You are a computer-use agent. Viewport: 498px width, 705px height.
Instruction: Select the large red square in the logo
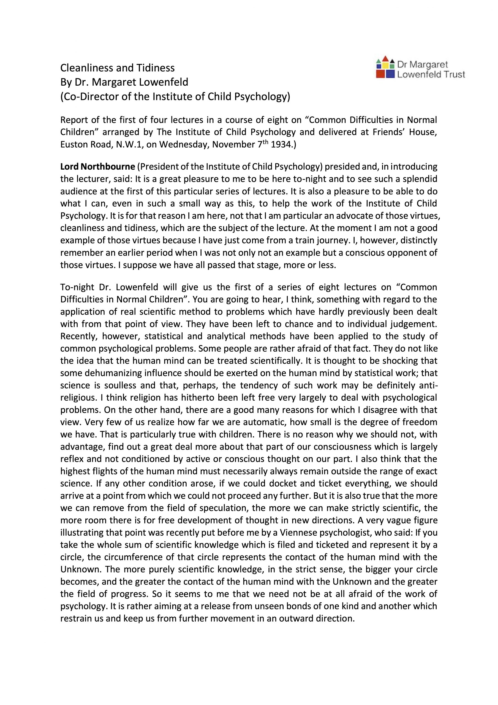[x=380, y=74]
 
